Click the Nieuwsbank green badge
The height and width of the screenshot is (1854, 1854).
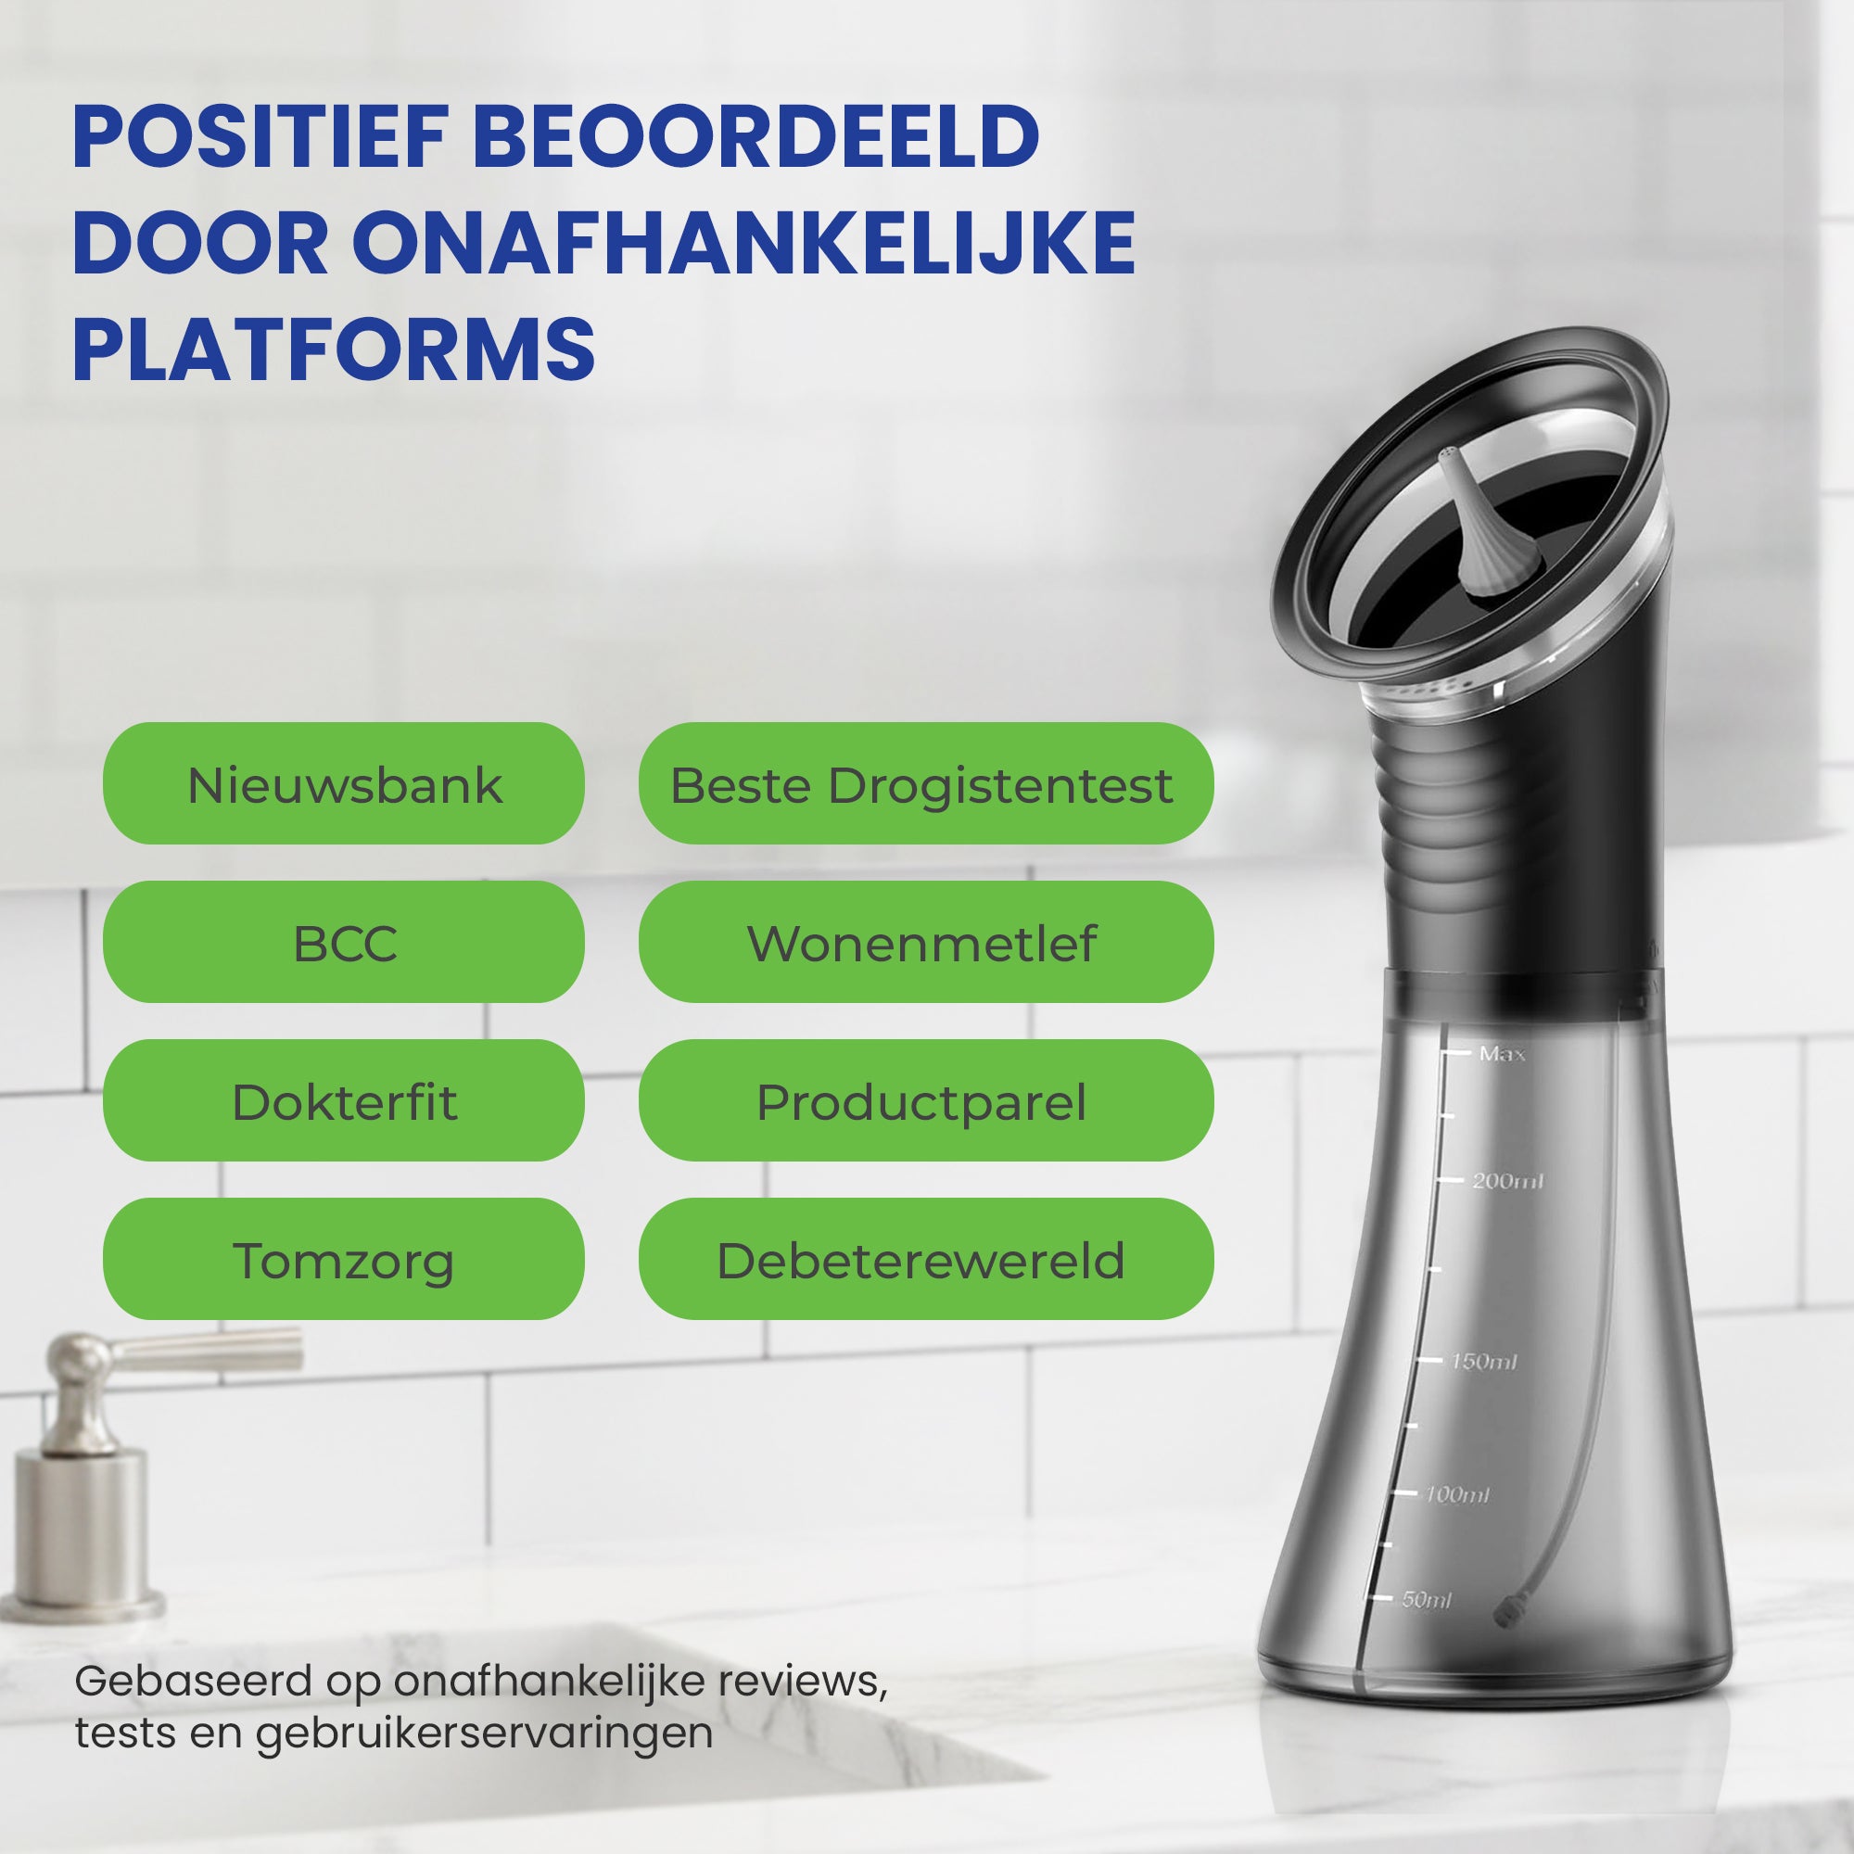click(x=344, y=783)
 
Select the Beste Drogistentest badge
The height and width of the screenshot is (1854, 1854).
click(x=926, y=783)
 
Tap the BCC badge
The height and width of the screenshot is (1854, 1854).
click(x=344, y=942)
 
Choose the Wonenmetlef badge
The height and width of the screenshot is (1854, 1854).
click(x=926, y=942)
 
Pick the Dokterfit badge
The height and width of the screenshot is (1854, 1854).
click(x=344, y=1099)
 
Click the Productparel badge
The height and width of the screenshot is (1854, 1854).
click(x=926, y=1099)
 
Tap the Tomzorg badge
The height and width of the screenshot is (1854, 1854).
click(x=344, y=1258)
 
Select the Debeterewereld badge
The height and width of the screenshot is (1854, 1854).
click(x=926, y=1258)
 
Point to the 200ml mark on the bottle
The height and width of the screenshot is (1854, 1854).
click(x=1507, y=1180)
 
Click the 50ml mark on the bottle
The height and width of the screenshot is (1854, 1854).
click(x=1426, y=1600)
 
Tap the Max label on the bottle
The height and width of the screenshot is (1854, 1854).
click(x=1502, y=1054)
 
